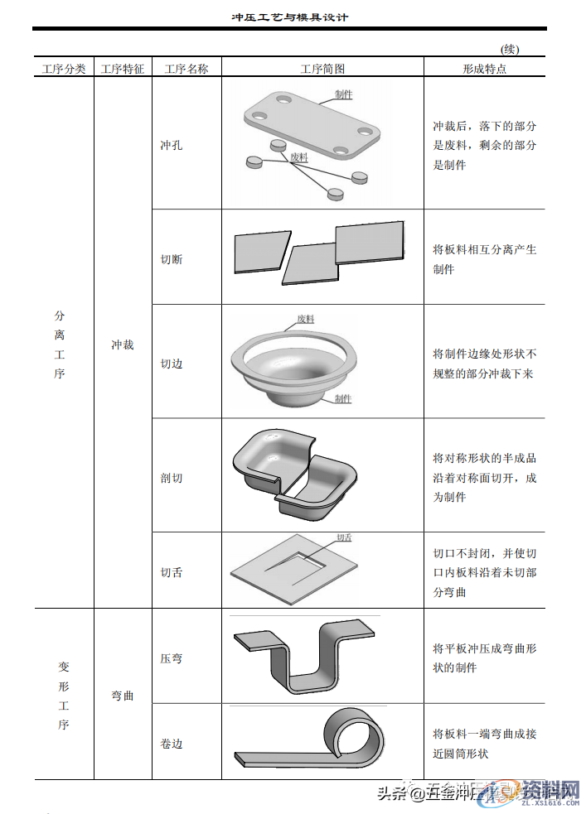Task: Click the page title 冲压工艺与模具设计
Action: tap(289, 17)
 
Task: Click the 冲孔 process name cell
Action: tap(172, 145)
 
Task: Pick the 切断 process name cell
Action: tap(172, 259)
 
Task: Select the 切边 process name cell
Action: tap(172, 363)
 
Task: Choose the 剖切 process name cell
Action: tap(172, 478)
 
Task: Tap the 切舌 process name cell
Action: tap(172, 572)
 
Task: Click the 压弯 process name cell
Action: tap(172, 658)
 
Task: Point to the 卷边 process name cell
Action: tap(172, 744)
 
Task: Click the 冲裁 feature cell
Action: tap(123, 344)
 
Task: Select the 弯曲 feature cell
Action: tap(123, 696)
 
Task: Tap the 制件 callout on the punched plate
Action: tap(344, 95)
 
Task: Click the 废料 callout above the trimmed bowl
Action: tap(305, 319)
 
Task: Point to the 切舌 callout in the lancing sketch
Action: tap(344, 537)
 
